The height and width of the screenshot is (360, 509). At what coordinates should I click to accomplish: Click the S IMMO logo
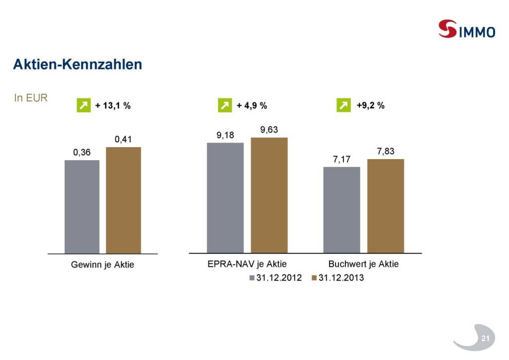tap(466, 30)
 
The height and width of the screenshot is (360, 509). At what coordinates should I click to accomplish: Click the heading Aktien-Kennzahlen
tap(78, 64)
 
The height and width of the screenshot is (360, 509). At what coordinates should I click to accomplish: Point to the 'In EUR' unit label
tap(31, 98)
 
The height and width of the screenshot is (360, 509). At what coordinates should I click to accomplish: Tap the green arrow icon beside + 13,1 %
tap(84, 105)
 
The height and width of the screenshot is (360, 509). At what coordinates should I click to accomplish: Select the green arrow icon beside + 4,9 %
tap(225, 105)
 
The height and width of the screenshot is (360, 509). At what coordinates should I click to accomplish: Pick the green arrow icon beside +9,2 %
tap(343, 105)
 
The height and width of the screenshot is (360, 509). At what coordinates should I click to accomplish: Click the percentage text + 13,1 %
tap(113, 105)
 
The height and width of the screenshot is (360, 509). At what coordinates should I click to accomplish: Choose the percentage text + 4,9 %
tap(252, 105)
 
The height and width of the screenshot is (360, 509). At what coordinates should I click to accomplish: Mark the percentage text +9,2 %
tap(370, 105)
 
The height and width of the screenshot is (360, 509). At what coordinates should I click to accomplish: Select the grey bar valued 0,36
tap(82, 206)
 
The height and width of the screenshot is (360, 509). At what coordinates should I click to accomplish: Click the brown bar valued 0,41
tap(123, 200)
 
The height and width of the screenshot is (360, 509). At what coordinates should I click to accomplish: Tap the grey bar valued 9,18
tap(225, 198)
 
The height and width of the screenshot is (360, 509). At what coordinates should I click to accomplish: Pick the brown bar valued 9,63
tap(269, 195)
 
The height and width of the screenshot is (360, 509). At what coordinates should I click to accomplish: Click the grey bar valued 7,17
tap(341, 210)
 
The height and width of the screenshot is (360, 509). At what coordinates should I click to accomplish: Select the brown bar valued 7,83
tap(385, 206)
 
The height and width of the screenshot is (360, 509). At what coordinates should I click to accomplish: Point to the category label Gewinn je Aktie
tap(102, 265)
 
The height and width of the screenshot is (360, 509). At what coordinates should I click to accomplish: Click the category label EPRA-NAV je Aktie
tap(247, 264)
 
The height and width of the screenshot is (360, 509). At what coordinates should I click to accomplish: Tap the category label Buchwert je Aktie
tap(363, 264)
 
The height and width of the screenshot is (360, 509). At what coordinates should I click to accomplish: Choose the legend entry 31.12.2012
tap(275, 278)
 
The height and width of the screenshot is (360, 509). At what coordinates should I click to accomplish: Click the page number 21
tap(485, 339)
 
